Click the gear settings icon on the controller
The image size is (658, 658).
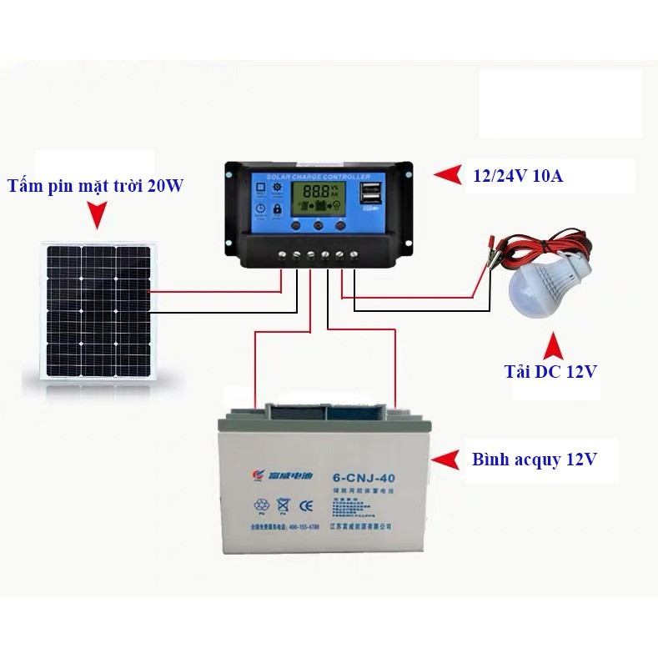coord(277,188)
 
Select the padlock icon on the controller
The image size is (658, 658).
coord(277,209)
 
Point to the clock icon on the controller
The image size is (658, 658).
coord(260,209)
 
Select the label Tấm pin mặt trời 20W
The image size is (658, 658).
coord(95,185)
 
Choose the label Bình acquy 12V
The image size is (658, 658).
coord(534,459)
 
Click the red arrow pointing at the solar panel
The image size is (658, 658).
coord(98,217)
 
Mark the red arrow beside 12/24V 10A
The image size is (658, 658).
coord(450,174)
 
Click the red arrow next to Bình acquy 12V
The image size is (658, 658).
coord(449,460)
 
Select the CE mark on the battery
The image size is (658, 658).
coord(305,505)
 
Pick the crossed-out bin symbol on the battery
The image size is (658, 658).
coord(283,505)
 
